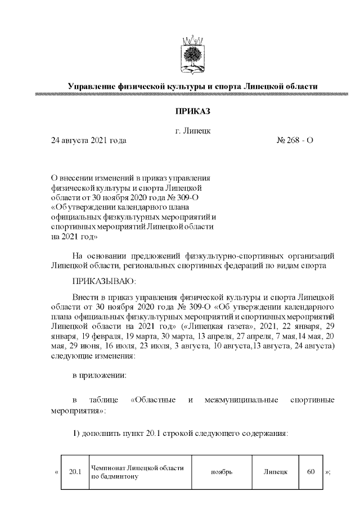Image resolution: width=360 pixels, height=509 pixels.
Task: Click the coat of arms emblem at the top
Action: tap(192, 56)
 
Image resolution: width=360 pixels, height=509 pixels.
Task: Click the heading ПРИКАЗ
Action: tap(192, 114)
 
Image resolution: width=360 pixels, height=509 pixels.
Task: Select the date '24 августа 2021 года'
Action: tap(88, 140)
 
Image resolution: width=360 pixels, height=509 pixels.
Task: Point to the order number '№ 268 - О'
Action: tap(295, 140)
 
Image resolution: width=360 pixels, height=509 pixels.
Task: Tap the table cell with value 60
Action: tap(310, 472)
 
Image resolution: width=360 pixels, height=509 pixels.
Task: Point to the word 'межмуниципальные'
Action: tap(242, 400)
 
